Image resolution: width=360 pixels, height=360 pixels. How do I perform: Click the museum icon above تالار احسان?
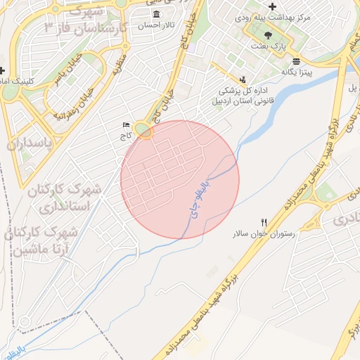(x=155, y=14)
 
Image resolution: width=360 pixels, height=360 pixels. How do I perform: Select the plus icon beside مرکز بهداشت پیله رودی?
(x=273, y=6)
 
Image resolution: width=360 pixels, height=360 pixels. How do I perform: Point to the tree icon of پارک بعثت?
(x=266, y=34)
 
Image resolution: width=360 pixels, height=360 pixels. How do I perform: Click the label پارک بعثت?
(x=268, y=45)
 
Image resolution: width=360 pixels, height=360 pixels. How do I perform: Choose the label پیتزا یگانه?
(x=297, y=71)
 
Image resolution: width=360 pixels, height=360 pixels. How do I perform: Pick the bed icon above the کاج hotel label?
(x=126, y=125)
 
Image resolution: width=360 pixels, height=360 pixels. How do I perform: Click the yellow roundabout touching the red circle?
(x=145, y=131)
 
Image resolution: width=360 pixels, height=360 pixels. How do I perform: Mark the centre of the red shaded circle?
(x=180, y=179)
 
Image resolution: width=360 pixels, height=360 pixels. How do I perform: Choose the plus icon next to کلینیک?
(x=3, y=70)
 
